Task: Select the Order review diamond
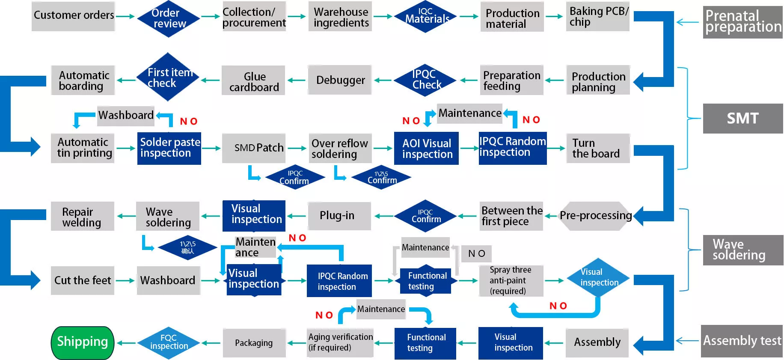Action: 169,19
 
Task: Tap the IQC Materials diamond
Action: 425,17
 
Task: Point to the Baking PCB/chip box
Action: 598,17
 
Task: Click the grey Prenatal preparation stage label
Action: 743,22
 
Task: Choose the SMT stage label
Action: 743,119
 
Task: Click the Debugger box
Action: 340,80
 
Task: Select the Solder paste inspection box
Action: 169,148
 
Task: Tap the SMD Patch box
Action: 254,148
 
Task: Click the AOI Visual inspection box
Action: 426,148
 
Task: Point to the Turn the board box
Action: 598,148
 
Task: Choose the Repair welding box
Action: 83,216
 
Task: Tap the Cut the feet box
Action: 83,280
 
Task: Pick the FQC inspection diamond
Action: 169,343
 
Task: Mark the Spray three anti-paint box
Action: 511,281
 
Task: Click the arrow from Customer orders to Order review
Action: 125,17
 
